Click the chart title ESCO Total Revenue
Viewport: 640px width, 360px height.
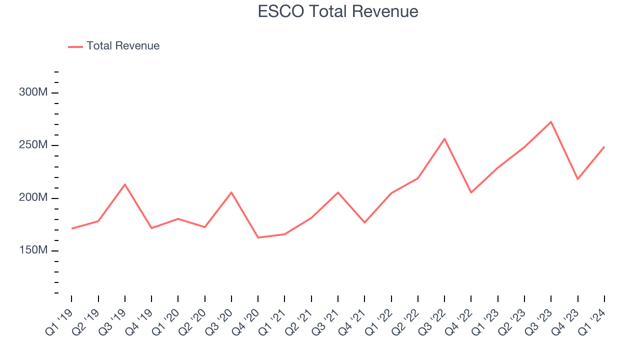coord(338,11)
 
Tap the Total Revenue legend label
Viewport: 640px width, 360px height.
coord(123,46)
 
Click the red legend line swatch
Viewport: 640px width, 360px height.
coord(75,46)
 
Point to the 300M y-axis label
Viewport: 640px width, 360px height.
coord(33,92)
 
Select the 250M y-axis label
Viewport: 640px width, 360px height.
coord(33,145)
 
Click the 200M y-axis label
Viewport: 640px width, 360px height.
coord(33,198)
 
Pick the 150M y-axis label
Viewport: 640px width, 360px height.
coord(33,250)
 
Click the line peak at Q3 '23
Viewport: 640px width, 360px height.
coord(551,121)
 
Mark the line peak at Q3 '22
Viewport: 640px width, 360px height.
coord(444,138)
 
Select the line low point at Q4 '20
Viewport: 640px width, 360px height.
coord(258,237)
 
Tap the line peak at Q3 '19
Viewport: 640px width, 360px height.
coord(125,184)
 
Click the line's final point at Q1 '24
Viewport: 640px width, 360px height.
coord(604,147)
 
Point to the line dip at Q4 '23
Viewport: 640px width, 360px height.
coord(577,179)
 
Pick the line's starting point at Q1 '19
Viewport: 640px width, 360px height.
coord(71,228)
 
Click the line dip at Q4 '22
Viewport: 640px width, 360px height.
coord(471,192)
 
